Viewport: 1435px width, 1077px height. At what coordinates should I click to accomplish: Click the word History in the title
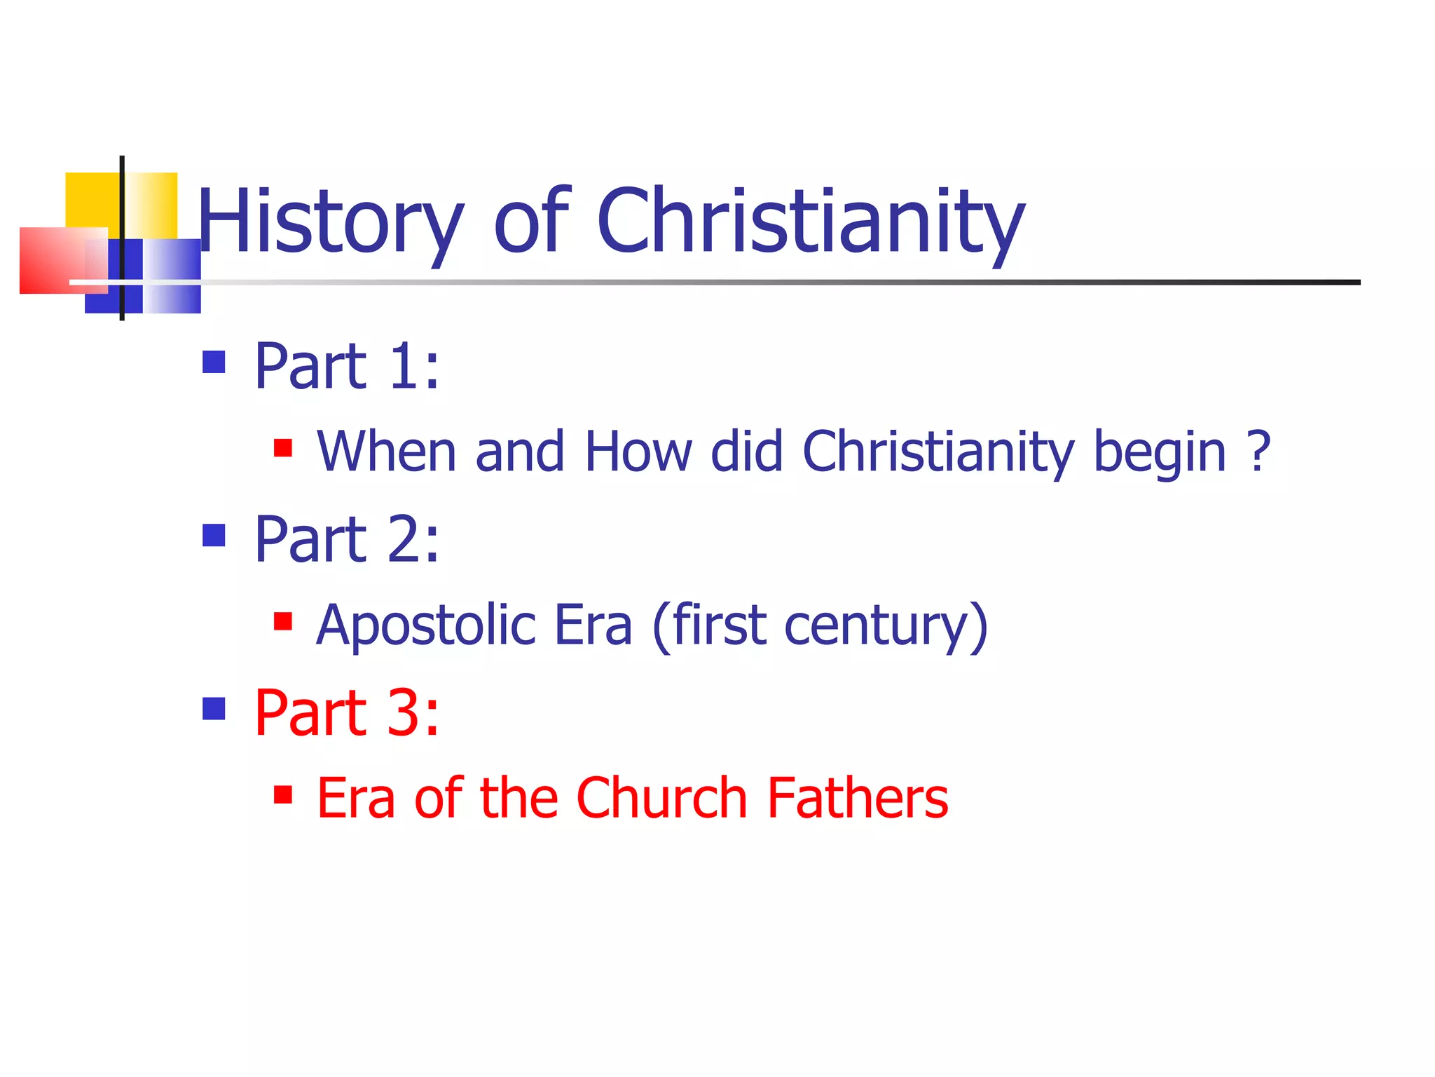[329, 222]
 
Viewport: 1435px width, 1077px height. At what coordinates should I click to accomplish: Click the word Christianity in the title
[811, 222]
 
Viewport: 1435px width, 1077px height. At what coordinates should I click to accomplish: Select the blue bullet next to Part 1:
[214, 362]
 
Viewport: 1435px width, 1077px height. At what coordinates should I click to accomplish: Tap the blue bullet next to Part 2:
[214, 535]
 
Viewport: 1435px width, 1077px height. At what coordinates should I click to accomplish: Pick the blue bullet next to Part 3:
[214, 708]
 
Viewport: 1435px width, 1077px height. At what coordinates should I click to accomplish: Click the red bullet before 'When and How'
[283, 447]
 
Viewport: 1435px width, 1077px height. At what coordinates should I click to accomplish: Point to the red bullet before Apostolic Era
[283, 621]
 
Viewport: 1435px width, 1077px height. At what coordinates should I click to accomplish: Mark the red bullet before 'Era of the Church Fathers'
[283, 794]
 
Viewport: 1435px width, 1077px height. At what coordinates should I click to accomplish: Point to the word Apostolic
[426, 625]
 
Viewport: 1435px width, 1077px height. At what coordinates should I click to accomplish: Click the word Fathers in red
[858, 798]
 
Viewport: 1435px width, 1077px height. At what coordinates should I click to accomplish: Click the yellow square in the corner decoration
[91, 199]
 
